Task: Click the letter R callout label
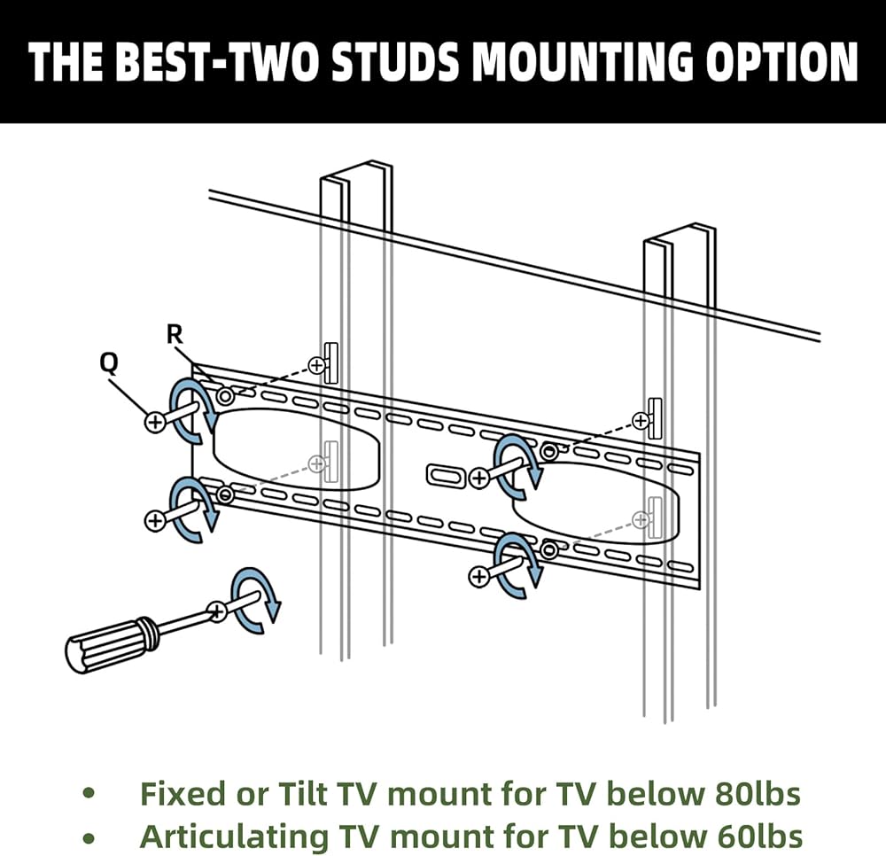[x=175, y=334]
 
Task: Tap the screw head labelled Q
[x=155, y=422]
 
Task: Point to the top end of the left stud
[x=355, y=173]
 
